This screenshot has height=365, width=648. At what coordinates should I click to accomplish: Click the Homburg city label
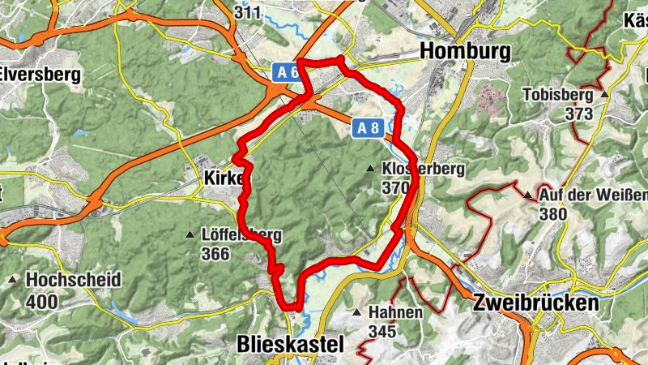click(466, 51)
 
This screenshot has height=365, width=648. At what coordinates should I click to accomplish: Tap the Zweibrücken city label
click(535, 303)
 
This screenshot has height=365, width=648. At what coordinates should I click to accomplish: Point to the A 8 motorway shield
click(367, 127)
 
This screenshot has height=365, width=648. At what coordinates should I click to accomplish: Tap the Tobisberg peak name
click(558, 93)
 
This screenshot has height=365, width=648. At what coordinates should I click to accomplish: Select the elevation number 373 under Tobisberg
click(579, 114)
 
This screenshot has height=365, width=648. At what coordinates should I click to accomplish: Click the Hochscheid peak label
click(73, 280)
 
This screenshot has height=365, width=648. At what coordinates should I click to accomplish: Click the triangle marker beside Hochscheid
click(13, 281)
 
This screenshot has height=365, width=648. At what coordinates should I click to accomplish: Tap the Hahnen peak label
click(395, 312)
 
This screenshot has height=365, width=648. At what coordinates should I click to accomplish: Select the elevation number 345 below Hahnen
click(382, 331)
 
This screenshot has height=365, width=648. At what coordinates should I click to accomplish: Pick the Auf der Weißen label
click(594, 195)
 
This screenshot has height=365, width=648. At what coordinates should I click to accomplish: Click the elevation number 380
click(555, 214)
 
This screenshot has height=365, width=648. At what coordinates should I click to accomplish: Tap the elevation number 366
click(216, 254)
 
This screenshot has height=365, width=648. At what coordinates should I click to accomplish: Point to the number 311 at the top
click(247, 12)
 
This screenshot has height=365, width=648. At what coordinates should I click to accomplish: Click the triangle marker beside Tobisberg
click(603, 94)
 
